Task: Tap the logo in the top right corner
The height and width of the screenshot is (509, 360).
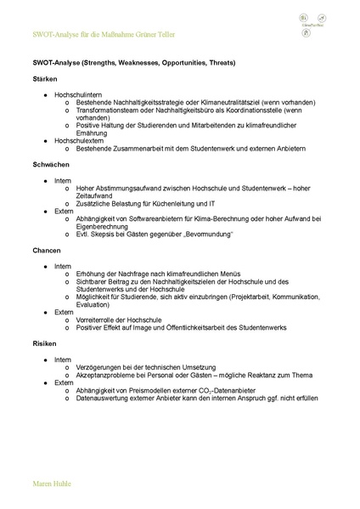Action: tap(313, 21)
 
